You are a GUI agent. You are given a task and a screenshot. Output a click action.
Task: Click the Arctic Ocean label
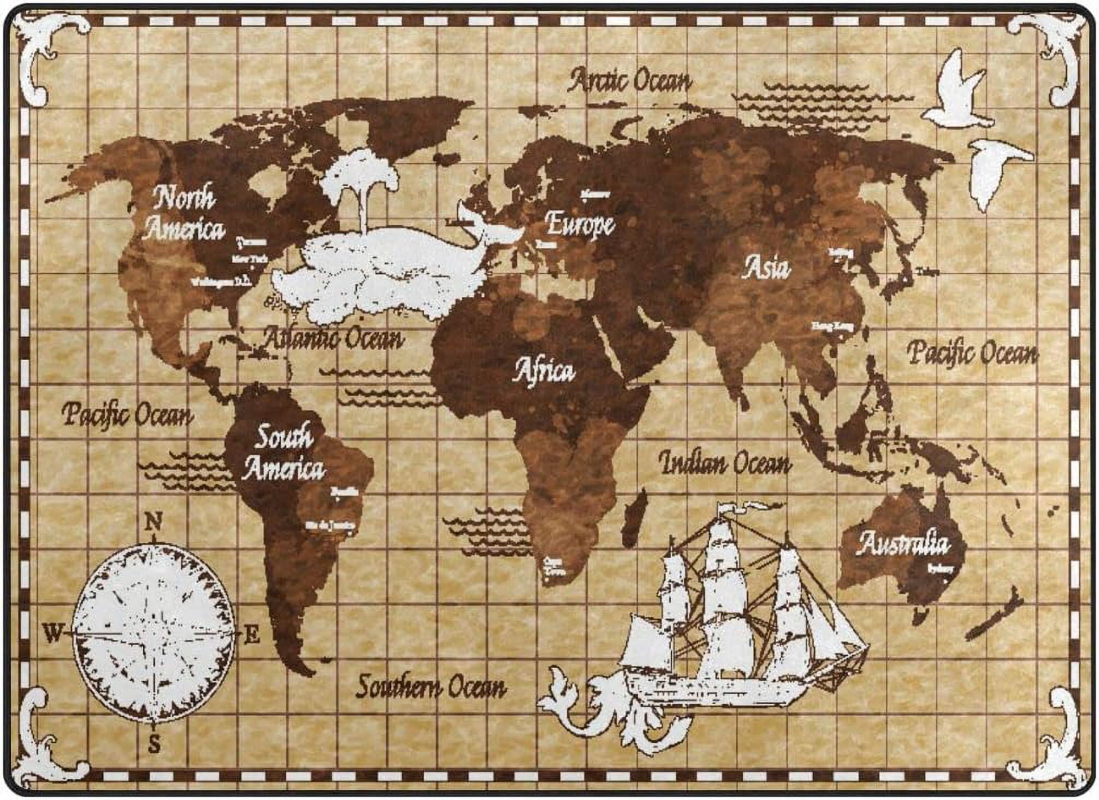[630, 81]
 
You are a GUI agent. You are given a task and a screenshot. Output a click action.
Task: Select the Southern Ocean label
[431, 686]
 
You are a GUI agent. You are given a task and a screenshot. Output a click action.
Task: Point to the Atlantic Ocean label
[333, 338]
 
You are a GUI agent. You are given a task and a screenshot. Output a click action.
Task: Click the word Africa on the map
[544, 371]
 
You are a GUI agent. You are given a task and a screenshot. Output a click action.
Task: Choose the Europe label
[580, 224]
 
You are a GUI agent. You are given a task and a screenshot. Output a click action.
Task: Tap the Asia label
[766, 268]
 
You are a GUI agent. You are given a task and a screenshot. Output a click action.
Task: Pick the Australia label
[903, 543]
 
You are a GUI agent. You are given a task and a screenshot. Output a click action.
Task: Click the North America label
[185, 214]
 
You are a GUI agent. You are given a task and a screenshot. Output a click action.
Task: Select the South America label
[283, 454]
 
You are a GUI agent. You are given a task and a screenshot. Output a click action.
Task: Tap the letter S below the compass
[154, 744]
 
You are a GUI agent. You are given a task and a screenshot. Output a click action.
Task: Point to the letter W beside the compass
[54, 634]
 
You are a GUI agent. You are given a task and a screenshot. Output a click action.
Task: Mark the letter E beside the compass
[251, 636]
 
